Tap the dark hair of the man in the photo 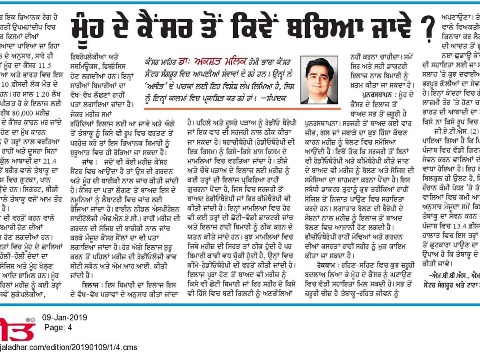(x=317, y=64)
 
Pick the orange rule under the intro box (x=242, y=109)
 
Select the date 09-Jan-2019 (x=64, y=318)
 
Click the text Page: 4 (x=58, y=327)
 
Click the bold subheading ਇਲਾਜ (x=90, y=285)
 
